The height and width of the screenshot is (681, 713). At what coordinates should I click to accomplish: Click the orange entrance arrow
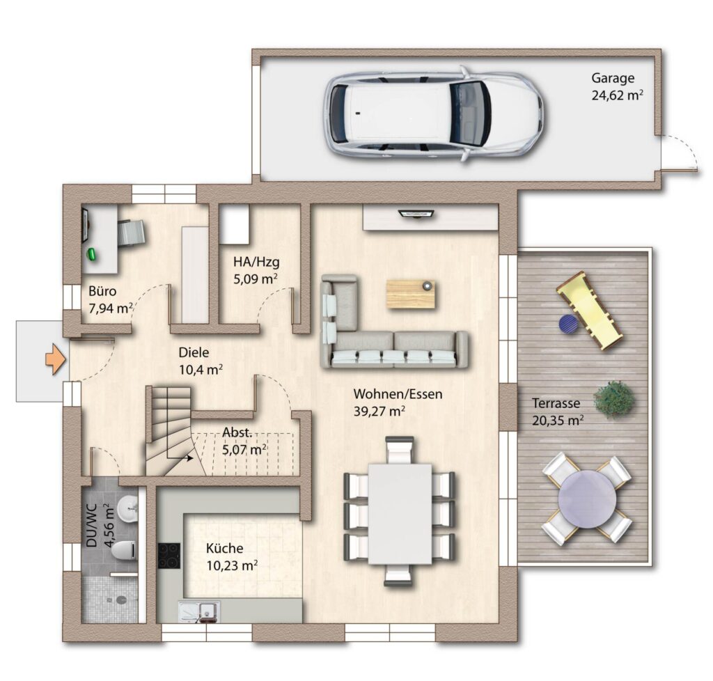click(x=56, y=359)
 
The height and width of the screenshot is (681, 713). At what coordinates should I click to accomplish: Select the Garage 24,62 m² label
click(x=617, y=86)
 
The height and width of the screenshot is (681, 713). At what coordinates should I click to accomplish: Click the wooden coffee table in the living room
click(x=411, y=294)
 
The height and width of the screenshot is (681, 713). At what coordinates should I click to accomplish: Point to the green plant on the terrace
click(x=614, y=398)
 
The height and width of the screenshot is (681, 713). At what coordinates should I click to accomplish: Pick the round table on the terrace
click(x=587, y=499)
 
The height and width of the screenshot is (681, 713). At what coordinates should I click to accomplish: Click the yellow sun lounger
click(x=589, y=311)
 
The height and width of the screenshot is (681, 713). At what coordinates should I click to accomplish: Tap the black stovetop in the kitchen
click(x=169, y=556)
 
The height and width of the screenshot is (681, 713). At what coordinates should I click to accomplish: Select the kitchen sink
click(x=200, y=611)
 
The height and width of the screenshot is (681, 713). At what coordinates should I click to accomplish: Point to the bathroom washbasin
click(x=127, y=508)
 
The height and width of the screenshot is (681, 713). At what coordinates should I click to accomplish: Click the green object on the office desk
click(x=93, y=254)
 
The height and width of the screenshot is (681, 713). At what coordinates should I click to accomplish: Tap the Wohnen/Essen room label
click(x=398, y=393)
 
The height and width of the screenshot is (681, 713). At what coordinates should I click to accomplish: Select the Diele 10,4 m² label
click(x=200, y=361)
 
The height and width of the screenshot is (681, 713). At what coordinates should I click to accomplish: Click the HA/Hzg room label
click(x=256, y=262)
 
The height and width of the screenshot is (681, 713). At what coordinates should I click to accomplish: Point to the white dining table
click(x=400, y=514)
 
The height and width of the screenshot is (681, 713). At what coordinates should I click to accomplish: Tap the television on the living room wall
click(x=416, y=213)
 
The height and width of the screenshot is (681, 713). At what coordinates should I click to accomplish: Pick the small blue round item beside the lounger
click(x=568, y=323)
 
